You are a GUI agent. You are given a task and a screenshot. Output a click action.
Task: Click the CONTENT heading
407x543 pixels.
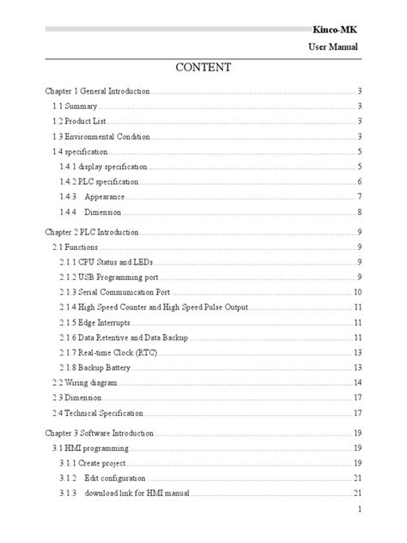[203, 67]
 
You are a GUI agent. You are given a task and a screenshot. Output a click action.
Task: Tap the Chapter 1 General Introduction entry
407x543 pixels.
[97, 90]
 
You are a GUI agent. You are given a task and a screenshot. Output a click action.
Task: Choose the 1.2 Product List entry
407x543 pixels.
[78, 121]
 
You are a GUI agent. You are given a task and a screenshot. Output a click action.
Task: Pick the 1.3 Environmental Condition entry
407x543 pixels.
[100, 137]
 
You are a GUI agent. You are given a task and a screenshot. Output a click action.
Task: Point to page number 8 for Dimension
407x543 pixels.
[358, 211]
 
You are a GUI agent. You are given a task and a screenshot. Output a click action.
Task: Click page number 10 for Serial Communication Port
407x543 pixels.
[357, 292]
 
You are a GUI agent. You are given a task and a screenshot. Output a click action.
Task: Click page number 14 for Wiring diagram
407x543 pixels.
[357, 382]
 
